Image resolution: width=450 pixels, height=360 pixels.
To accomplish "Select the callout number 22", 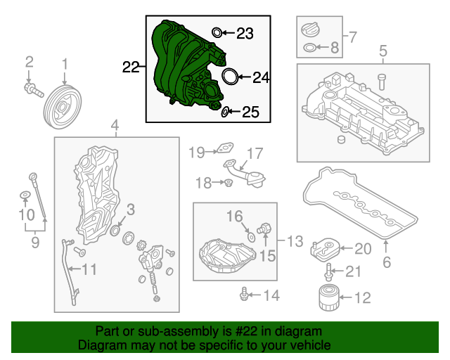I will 131,67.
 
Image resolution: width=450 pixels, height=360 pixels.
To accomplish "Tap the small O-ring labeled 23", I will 217,32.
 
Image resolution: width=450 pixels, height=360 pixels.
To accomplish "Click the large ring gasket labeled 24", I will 229,76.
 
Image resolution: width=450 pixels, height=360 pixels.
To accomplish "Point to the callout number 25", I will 251,112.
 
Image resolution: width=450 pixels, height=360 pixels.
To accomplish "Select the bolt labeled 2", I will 32,89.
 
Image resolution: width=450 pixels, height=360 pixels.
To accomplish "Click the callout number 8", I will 335,48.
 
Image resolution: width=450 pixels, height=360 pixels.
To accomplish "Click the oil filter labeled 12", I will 327,298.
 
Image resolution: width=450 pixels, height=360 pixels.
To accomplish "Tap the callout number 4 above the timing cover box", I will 115,126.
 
